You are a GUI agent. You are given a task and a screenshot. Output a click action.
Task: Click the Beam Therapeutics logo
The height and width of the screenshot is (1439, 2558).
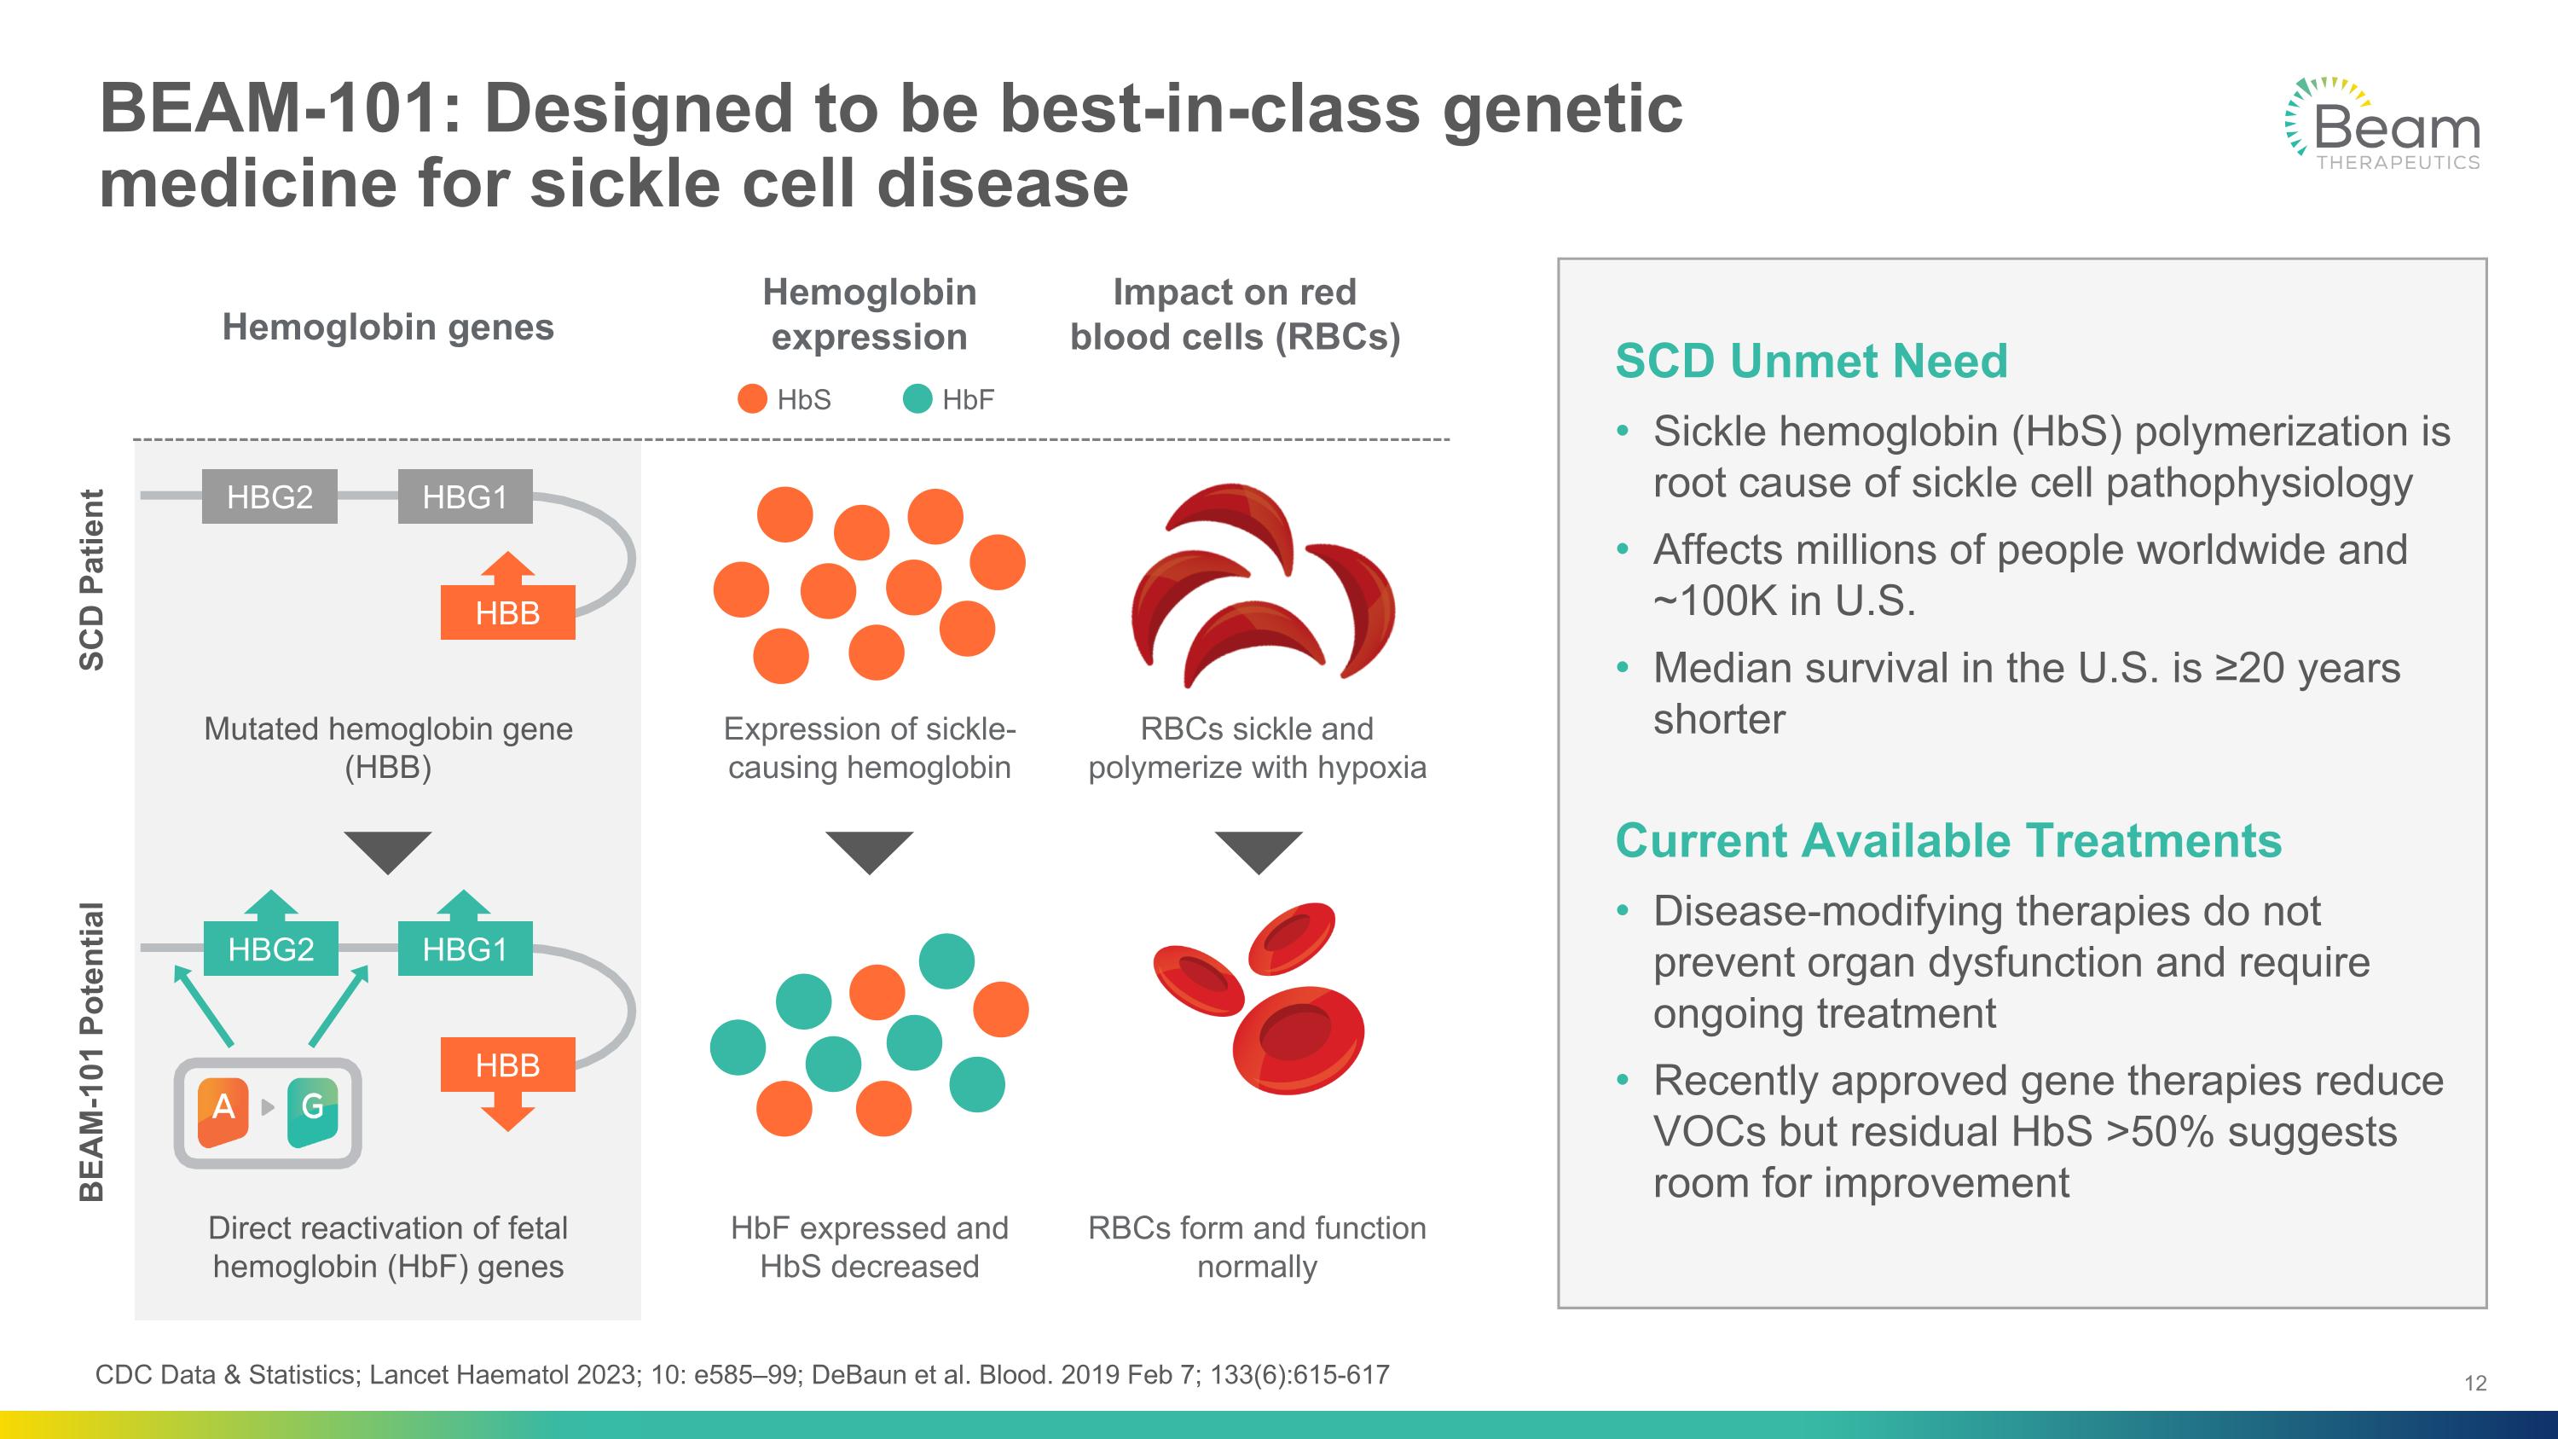click(2383, 125)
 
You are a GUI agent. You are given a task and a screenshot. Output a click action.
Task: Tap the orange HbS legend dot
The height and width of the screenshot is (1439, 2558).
click(753, 399)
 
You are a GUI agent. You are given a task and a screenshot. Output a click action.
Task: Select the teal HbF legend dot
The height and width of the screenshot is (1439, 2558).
click(917, 399)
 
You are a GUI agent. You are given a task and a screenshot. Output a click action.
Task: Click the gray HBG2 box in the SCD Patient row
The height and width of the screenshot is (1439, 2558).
click(269, 496)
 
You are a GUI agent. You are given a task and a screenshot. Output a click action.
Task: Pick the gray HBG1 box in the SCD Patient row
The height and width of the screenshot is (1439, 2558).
click(465, 496)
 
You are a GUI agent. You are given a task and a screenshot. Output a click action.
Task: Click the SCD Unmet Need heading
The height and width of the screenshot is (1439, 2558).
click(1811, 361)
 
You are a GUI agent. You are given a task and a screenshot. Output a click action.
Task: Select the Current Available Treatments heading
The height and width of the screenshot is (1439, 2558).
click(1948, 840)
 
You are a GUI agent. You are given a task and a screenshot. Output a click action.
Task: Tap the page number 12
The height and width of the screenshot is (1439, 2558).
click(2475, 1383)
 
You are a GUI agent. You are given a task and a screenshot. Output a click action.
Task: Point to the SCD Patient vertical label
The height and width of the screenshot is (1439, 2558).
click(91, 580)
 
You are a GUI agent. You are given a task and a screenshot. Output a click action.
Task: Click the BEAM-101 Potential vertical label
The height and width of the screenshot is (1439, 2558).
click(91, 1052)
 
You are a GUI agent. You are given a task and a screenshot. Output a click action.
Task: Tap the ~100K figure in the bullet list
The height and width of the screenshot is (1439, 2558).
click(1712, 600)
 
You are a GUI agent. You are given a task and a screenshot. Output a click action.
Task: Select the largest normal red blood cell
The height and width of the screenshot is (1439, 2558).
click(1298, 1040)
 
